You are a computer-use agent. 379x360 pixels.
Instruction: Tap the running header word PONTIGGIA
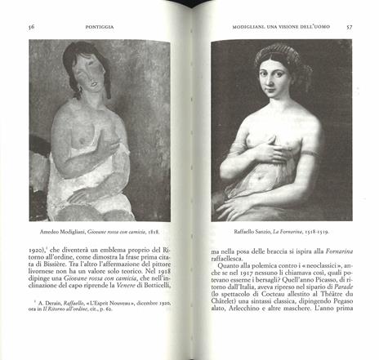click(x=99, y=26)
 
